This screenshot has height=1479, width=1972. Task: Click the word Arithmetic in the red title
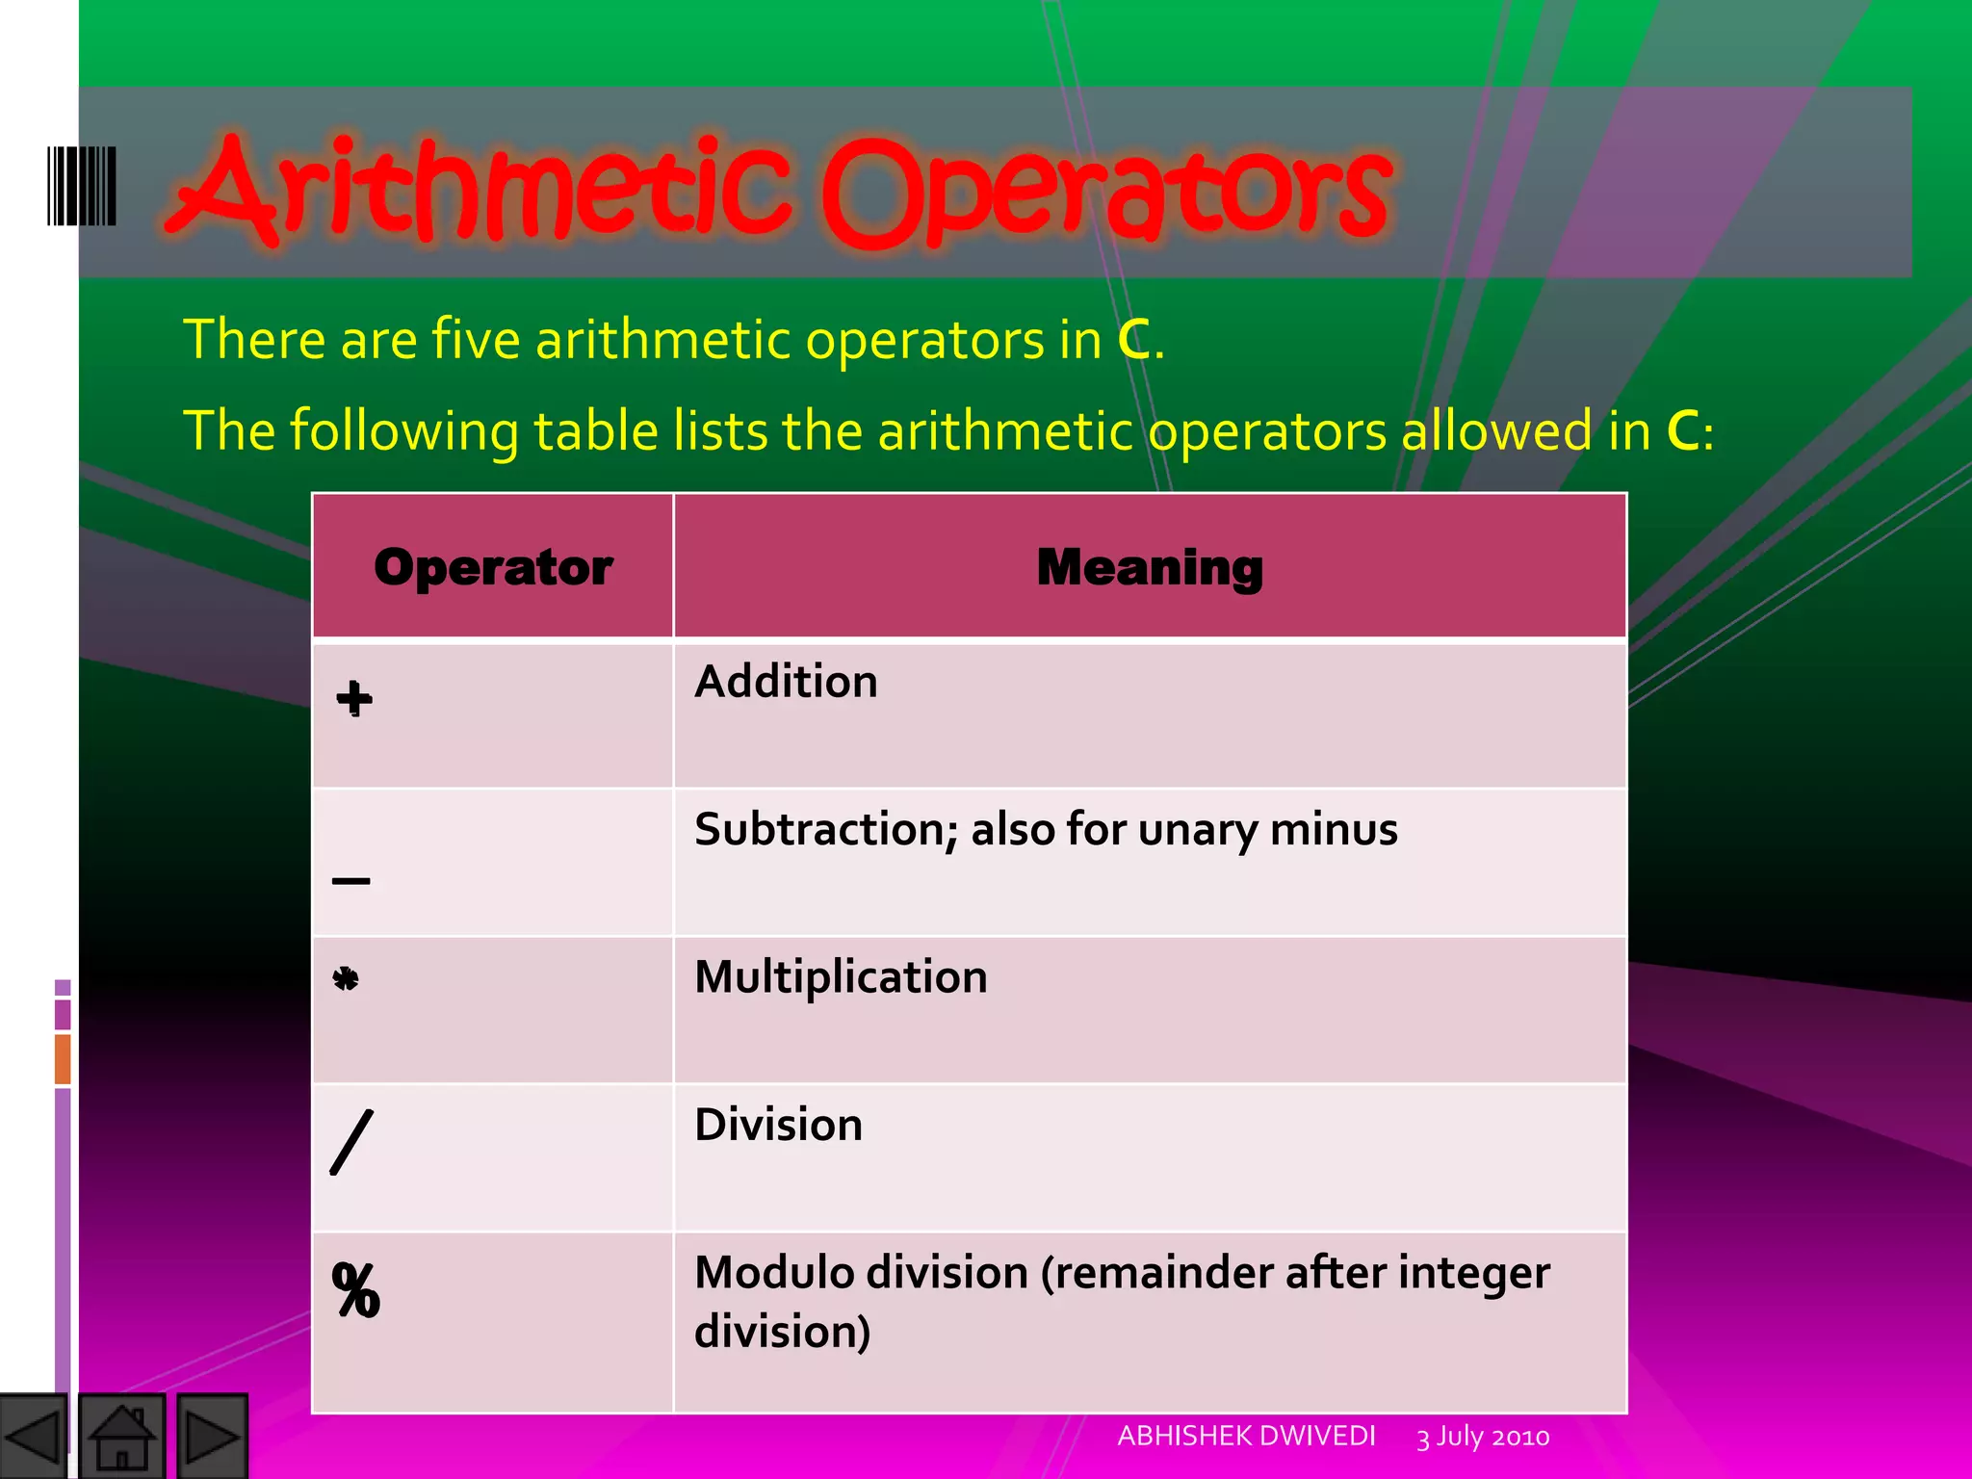481,188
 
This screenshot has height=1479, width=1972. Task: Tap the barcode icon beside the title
82,186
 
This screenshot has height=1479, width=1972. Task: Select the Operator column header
493,567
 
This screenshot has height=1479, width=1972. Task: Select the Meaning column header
1150,567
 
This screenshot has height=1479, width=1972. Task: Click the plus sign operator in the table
354,698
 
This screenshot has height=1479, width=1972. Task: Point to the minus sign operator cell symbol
351,880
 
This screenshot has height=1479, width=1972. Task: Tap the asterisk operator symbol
346,979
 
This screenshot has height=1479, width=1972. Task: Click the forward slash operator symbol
351,1142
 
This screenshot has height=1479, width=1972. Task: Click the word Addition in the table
786,682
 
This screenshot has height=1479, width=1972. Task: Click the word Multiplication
841,977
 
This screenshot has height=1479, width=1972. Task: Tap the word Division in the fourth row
778,1125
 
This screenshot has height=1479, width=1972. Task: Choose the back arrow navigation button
34,1438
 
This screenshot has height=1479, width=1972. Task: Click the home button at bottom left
122,1438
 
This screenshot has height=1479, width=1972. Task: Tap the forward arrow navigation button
212,1438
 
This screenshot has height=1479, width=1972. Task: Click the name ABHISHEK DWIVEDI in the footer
1246,1436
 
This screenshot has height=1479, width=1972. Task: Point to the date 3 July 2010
1483,1437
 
